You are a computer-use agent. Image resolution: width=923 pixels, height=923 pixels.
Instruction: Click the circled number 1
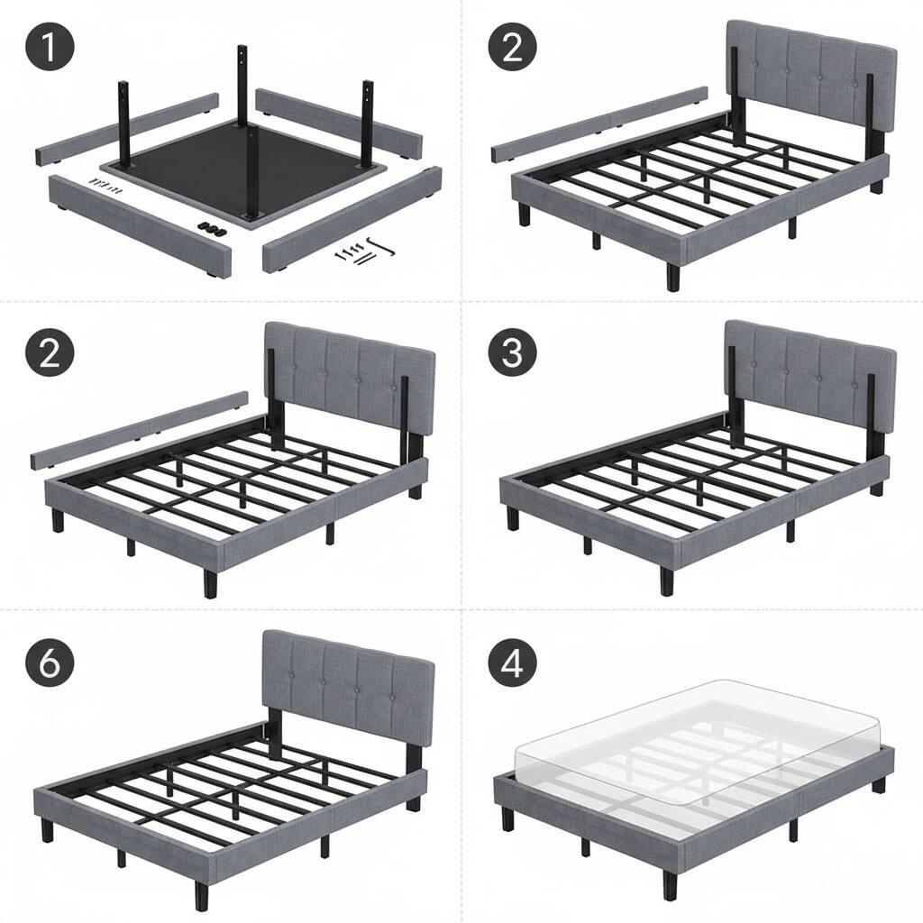[x=50, y=47]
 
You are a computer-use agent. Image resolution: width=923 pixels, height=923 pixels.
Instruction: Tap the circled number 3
[x=513, y=353]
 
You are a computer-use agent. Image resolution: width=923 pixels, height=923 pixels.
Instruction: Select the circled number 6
[x=50, y=663]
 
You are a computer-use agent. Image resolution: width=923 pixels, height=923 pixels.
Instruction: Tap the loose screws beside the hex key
[x=352, y=255]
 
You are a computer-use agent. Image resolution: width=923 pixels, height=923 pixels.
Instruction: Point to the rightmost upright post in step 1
[x=368, y=124]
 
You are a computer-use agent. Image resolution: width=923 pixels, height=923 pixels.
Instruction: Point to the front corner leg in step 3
[x=666, y=580]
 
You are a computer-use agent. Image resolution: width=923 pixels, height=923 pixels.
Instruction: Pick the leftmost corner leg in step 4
[x=507, y=818]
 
